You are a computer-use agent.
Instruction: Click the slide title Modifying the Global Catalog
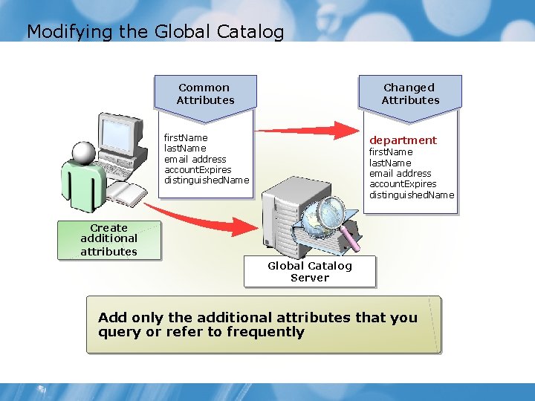point(155,32)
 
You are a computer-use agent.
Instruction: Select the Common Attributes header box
point(205,94)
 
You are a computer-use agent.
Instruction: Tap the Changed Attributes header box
point(410,94)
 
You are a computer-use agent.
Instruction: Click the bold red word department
point(403,140)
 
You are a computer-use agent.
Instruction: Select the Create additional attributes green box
point(108,240)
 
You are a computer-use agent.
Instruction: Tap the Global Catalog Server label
point(310,272)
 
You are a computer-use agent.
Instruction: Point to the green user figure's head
point(84,153)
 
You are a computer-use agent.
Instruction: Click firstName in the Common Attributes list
point(186,137)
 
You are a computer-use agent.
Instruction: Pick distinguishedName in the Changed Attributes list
point(412,195)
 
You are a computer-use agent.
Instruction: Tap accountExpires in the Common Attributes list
point(198,169)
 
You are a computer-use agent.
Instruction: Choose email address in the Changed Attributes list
point(401,173)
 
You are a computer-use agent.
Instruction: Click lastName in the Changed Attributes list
point(390,163)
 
